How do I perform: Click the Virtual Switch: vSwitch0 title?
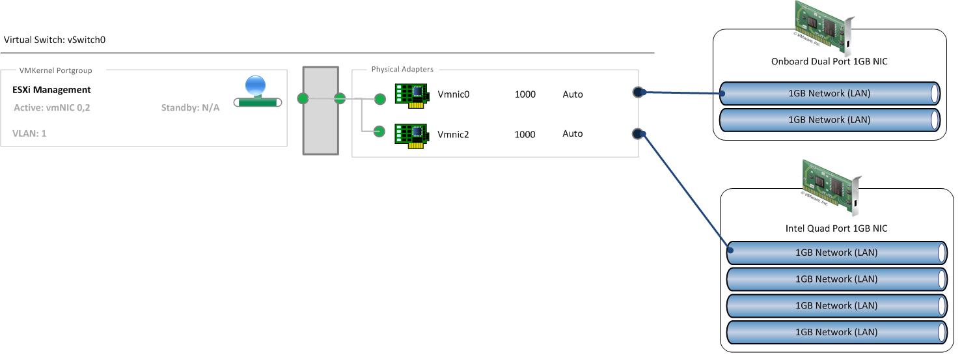55,40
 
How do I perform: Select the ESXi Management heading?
51,90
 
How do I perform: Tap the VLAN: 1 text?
29,133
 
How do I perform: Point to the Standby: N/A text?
190,107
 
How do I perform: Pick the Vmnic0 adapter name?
454,94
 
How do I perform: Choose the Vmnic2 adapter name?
454,135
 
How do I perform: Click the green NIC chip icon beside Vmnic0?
411,95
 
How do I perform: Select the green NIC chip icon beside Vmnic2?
411,134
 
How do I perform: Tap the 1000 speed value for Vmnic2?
525,135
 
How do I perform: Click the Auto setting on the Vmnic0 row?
573,94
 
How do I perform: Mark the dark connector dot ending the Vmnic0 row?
639,92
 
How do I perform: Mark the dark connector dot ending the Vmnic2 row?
639,134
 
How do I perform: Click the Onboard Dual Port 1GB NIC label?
829,62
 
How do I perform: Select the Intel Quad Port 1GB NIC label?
836,228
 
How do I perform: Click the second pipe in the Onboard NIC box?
829,120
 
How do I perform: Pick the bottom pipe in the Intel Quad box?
836,332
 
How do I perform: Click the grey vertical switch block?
321,110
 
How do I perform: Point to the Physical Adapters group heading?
402,69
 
